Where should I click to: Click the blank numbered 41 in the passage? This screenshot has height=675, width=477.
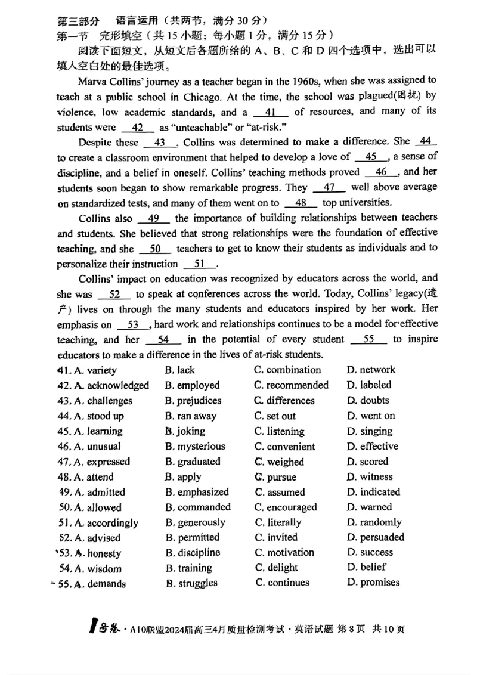pos(271,112)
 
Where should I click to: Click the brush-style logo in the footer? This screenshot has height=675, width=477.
pos(95,627)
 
